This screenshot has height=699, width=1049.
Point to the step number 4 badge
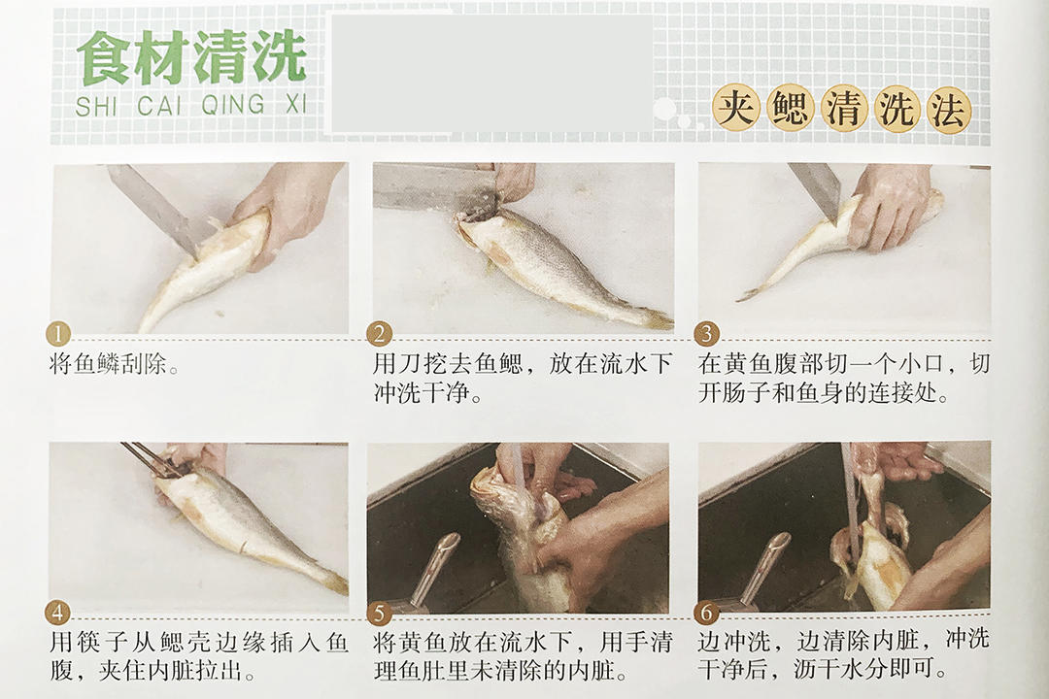(57, 613)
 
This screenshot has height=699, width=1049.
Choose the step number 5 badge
(380, 613)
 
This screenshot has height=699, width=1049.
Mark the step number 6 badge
(706, 612)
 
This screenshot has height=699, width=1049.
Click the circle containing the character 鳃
(790, 108)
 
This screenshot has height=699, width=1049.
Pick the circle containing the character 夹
(736, 107)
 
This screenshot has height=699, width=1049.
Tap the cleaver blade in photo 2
(435, 187)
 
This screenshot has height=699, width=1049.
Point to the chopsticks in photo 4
(151, 459)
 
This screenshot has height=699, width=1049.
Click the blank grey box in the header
(491, 74)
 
